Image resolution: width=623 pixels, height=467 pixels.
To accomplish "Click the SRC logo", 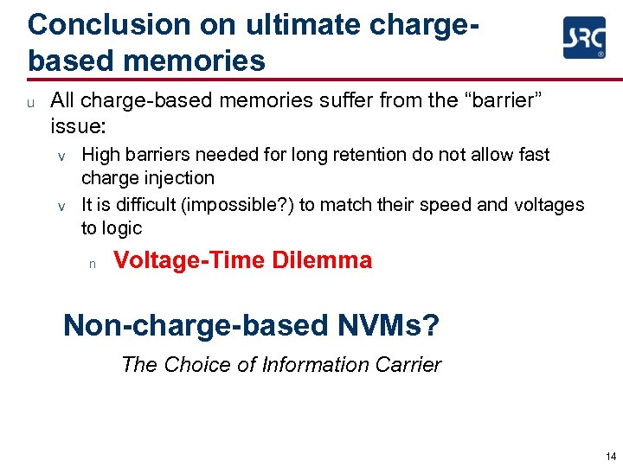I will tap(584, 38).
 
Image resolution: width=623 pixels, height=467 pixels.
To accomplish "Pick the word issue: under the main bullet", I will tap(78, 126).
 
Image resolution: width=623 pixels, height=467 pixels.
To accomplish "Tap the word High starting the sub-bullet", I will tap(100, 155).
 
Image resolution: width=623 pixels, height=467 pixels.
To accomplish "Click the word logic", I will tap(122, 228).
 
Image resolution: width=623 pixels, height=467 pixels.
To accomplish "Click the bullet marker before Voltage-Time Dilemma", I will tap(91, 263).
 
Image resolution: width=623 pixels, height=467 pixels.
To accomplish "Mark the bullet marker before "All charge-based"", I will tap(30, 103).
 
